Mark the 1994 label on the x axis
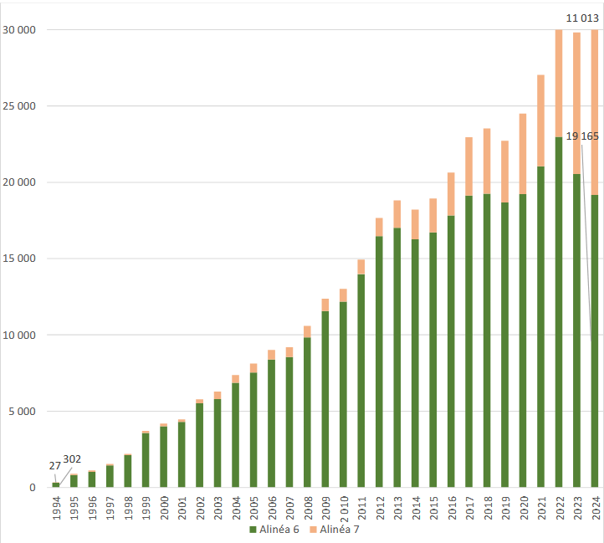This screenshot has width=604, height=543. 56,509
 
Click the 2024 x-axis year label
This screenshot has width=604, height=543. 596,509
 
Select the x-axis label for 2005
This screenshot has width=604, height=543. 253,509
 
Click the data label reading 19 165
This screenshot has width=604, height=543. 582,136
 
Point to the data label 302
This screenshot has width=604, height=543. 72,459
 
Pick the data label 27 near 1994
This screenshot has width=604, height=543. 54,466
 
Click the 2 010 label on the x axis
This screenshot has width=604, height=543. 344,508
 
